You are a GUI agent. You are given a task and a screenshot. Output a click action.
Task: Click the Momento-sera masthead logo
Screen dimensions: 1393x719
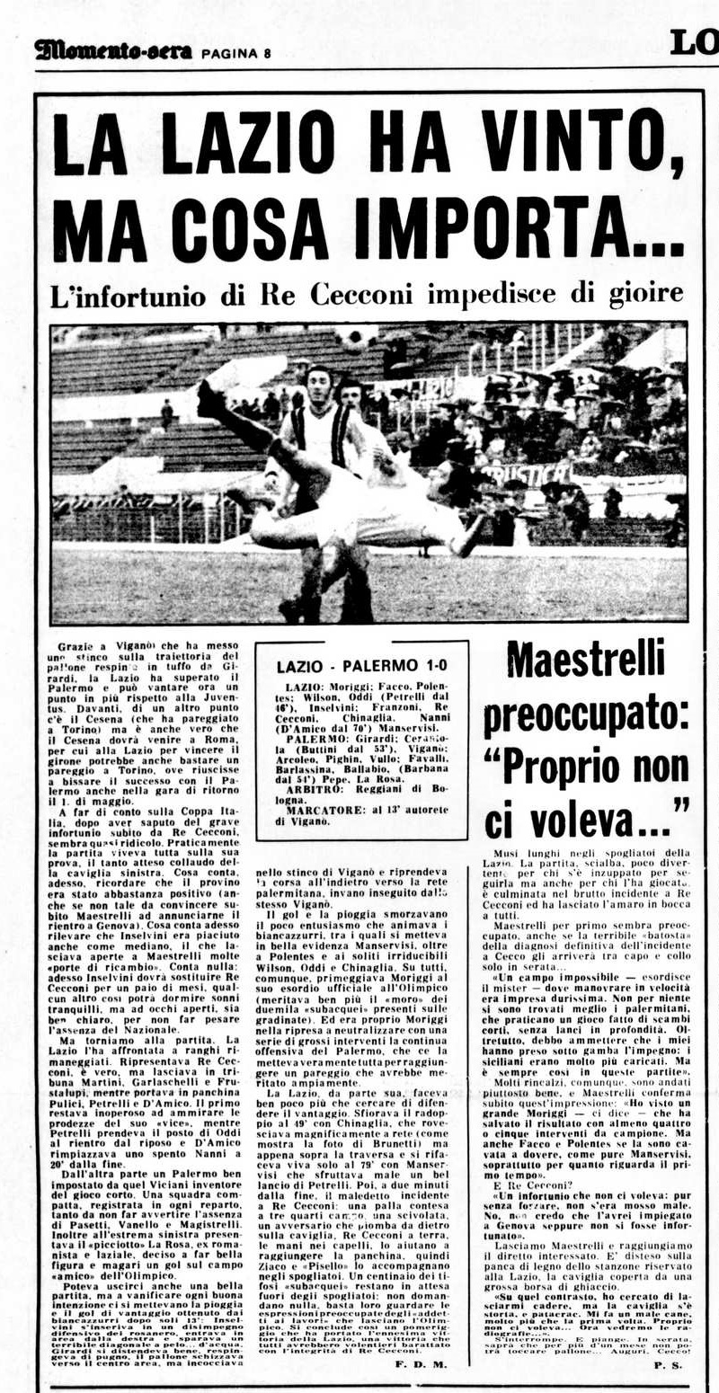113,50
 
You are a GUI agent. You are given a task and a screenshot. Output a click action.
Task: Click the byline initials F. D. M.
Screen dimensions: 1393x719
422,1365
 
